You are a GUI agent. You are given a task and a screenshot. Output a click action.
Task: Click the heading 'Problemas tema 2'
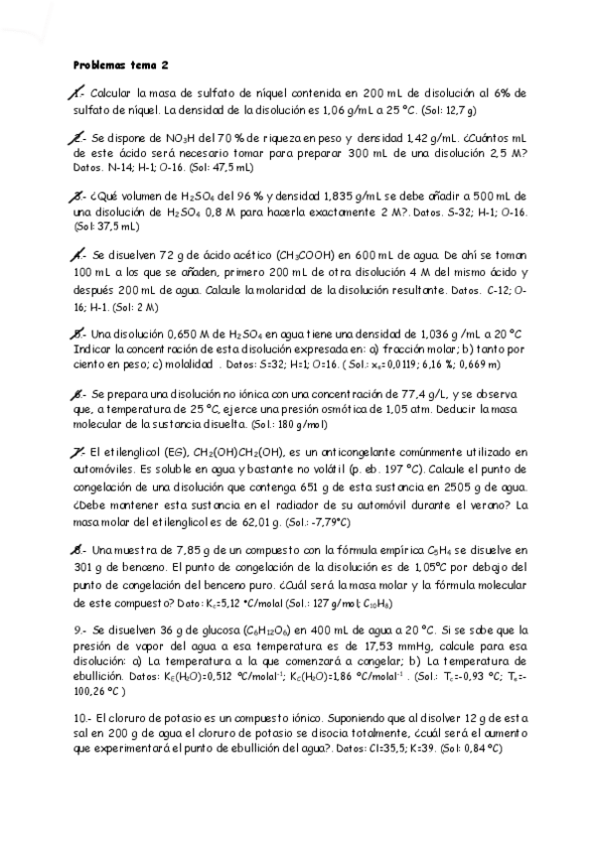tap(121, 65)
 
